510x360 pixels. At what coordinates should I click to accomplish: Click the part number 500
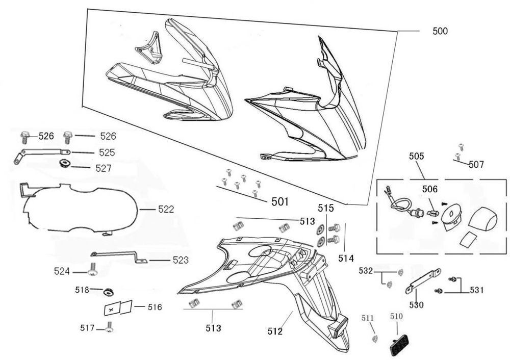[x=440, y=31]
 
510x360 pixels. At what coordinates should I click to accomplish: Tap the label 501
[x=279, y=202]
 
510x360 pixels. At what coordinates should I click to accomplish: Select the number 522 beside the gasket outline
[x=166, y=209]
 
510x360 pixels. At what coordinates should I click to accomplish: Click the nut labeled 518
[x=108, y=292]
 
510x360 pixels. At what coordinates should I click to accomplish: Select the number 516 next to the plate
[x=155, y=307]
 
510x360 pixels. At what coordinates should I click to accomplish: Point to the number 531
[x=476, y=290]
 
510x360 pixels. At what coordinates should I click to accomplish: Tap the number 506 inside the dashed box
[x=429, y=189]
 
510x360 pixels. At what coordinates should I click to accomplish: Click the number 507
[x=476, y=164]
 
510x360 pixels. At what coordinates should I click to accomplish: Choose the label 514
[x=346, y=258]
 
